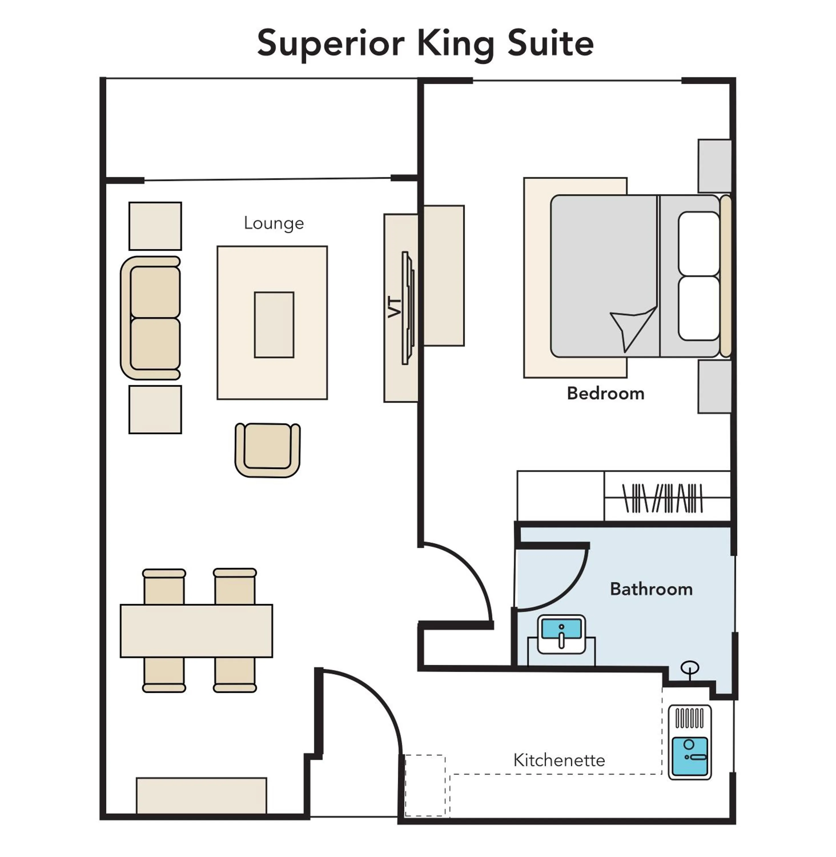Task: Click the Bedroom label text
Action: (606, 394)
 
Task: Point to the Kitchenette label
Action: (559, 760)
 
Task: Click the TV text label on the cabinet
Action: (394, 307)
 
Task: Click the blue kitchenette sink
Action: (689, 756)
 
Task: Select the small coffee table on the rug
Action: (274, 325)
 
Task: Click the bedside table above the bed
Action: (714, 166)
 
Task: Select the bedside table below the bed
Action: (714, 387)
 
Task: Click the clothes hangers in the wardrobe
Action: (663, 498)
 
